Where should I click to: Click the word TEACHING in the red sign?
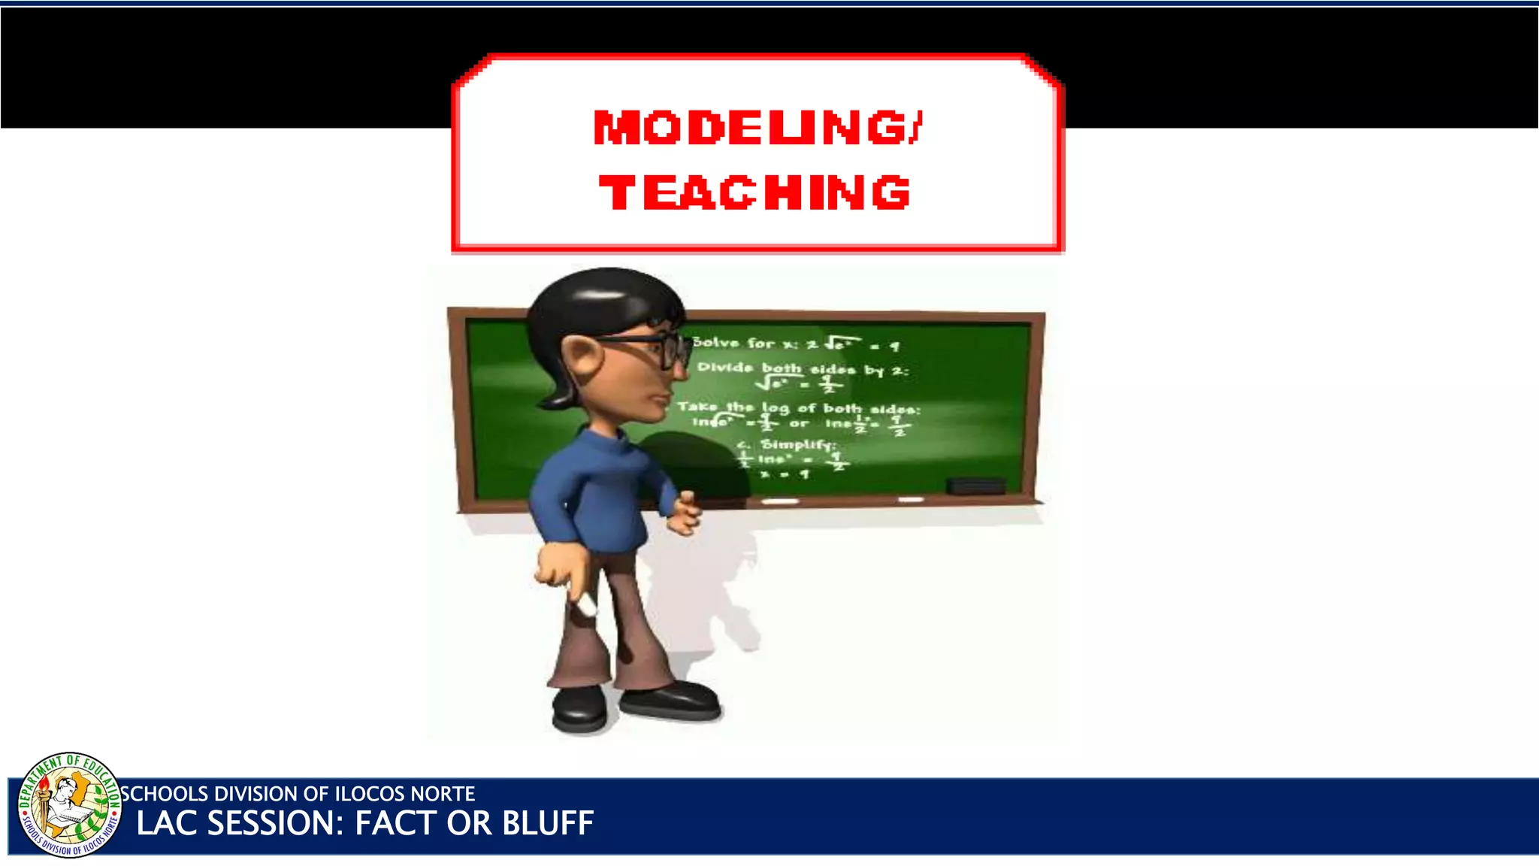click(x=754, y=192)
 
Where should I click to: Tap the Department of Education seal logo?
click(x=69, y=804)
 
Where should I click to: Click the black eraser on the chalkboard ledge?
click(x=975, y=486)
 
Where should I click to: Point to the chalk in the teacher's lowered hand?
click(x=585, y=602)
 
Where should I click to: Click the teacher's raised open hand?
click(x=683, y=513)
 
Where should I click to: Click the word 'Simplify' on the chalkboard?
click(x=797, y=444)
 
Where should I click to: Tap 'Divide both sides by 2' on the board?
click(x=803, y=368)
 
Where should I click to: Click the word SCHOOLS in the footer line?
click(x=165, y=794)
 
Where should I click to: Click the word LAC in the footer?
click(x=167, y=823)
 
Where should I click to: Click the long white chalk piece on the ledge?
click(x=780, y=501)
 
